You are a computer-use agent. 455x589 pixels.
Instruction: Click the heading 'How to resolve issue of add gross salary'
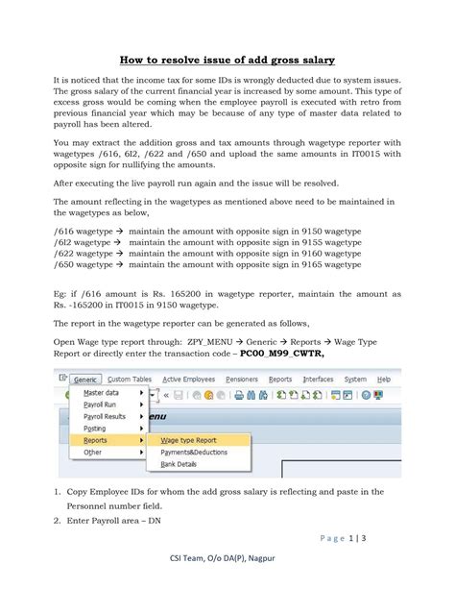coord(227,59)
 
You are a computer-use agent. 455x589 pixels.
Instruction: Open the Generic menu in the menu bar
coord(86,380)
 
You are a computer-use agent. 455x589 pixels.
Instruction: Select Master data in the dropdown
coord(101,393)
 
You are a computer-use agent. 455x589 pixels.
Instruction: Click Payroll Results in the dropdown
coord(105,416)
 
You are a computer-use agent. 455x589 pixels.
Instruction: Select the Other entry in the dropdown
coord(92,452)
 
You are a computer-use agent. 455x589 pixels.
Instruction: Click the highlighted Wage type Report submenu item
coord(188,439)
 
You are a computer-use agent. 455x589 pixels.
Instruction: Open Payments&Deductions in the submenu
coord(194,452)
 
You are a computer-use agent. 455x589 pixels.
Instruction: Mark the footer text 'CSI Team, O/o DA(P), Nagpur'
coord(227,569)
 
